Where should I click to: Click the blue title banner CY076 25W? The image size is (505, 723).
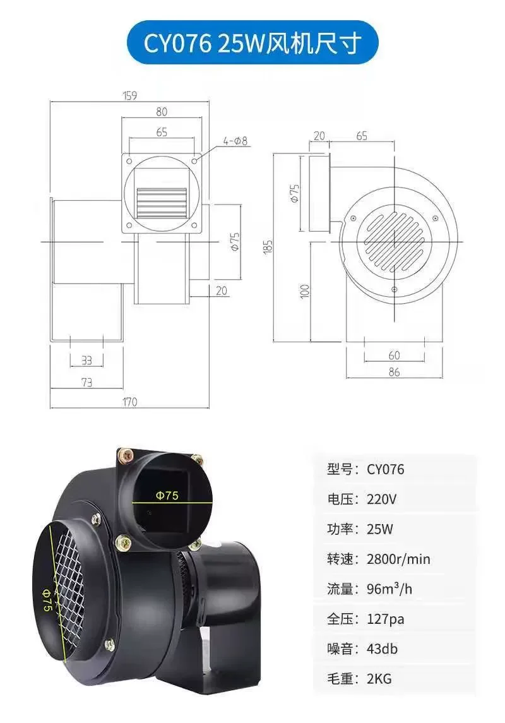[x=252, y=43]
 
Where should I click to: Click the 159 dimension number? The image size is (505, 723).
[x=131, y=96]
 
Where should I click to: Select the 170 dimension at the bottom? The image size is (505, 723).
[x=130, y=402]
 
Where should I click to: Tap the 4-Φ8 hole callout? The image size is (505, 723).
[x=235, y=141]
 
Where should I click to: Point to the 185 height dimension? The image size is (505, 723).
[x=268, y=248]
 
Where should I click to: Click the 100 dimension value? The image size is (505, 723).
[x=305, y=290]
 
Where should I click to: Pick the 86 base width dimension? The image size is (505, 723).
[x=394, y=372]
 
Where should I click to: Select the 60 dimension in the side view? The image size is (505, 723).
[x=394, y=356]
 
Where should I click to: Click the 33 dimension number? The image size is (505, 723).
[x=86, y=361]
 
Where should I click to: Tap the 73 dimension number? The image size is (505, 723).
[x=86, y=381]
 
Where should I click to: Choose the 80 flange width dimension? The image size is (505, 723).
[x=162, y=112]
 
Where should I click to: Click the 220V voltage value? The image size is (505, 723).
[x=382, y=499]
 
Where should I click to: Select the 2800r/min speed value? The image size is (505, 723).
[x=398, y=559]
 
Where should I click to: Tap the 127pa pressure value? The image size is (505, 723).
[x=385, y=619]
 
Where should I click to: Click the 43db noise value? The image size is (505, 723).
[x=382, y=648]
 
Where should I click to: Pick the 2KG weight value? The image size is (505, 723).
[x=379, y=679]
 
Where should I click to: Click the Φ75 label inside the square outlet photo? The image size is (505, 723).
[x=167, y=495]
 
